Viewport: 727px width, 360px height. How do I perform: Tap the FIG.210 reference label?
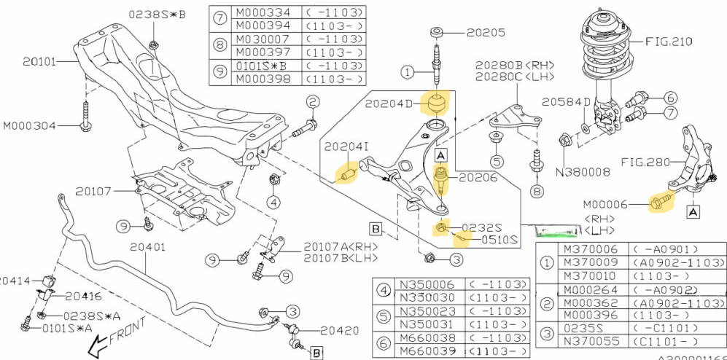click(x=668, y=42)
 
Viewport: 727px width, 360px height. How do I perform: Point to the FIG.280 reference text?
click(x=646, y=161)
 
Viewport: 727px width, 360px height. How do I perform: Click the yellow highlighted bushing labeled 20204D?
click(x=437, y=103)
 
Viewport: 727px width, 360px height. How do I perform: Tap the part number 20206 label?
click(x=479, y=176)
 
